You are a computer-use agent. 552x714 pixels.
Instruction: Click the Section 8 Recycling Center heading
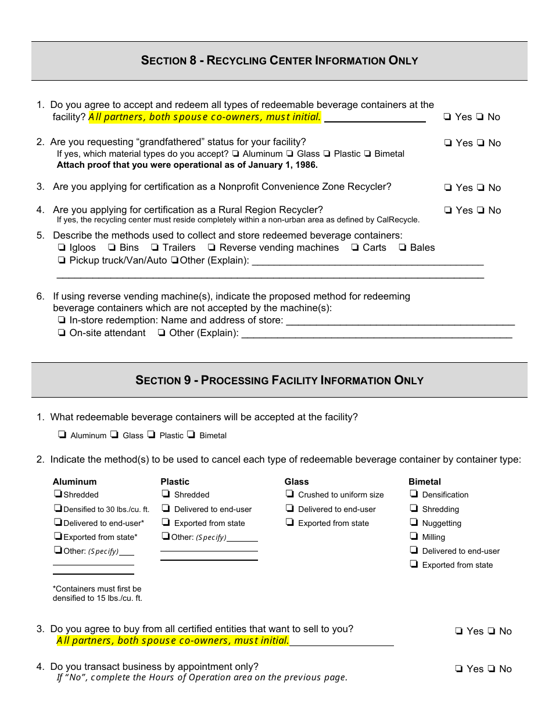(x=279, y=60)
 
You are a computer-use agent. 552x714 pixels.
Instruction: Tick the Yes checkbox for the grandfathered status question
(x=447, y=143)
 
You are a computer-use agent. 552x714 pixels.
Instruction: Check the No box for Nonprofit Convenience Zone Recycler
(x=481, y=188)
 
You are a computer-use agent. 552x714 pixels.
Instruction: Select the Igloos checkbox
(x=61, y=248)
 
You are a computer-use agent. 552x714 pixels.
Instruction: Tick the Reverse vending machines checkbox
(x=212, y=248)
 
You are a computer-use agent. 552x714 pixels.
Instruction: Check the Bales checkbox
(x=402, y=248)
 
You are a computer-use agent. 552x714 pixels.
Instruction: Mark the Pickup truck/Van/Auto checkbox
(x=61, y=261)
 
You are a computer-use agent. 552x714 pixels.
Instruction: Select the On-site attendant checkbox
(x=61, y=333)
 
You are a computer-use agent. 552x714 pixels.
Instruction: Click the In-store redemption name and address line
(x=400, y=322)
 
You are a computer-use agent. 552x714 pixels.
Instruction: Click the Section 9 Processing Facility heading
(x=279, y=380)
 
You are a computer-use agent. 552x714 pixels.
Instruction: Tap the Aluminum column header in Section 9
(x=74, y=482)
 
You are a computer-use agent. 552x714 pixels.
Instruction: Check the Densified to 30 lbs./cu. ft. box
(x=58, y=509)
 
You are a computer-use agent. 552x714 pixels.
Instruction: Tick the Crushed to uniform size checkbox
(x=289, y=495)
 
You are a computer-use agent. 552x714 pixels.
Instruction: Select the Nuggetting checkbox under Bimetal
(x=414, y=522)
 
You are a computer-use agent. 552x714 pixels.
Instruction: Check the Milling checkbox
(x=414, y=536)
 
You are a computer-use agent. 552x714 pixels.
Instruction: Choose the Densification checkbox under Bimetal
(x=414, y=494)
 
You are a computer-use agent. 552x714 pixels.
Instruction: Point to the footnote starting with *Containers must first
(x=97, y=593)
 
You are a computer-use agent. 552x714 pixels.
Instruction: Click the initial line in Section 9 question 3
(x=342, y=642)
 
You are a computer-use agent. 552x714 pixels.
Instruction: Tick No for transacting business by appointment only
(x=492, y=669)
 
